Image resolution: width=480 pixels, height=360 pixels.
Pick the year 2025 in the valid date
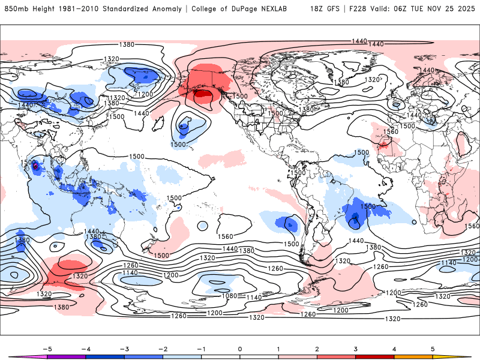click(x=466, y=9)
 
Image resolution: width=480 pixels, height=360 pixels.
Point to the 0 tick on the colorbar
click(x=239, y=348)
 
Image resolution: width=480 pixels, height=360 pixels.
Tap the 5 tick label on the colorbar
click(x=433, y=348)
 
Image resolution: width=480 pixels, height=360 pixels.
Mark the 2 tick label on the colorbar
click(x=317, y=348)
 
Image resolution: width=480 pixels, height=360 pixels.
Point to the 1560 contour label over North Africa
click(x=391, y=132)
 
